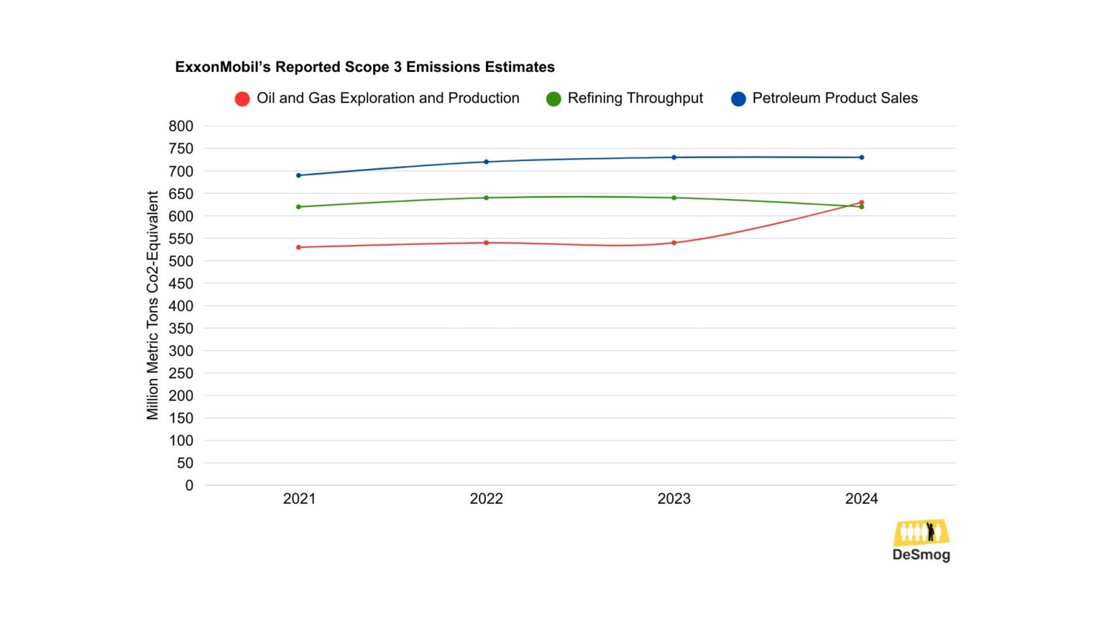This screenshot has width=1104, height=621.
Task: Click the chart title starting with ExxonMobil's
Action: pos(364,67)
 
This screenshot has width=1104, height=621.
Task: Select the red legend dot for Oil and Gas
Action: pos(242,98)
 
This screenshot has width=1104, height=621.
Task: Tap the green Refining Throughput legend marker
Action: pos(553,98)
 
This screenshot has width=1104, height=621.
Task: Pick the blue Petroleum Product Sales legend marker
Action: pos(738,98)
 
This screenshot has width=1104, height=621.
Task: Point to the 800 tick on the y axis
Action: pos(181,126)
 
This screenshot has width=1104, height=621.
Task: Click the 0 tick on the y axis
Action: pos(189,485)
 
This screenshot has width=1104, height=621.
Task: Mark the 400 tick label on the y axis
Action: pos(181,305)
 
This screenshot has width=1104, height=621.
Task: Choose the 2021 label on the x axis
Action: pos(299,499)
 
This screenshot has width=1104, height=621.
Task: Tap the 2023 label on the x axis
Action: pos(673,499)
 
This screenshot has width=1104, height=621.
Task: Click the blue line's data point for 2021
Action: pos(299,175)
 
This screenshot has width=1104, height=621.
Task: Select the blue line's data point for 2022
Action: pos(487,162)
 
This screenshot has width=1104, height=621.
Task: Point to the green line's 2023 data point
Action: pos(674,198)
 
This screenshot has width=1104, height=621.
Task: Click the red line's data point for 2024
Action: pos(862,203)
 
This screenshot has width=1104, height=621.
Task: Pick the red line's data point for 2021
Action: pos(299,247)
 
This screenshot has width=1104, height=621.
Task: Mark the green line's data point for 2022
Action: pos(487,198)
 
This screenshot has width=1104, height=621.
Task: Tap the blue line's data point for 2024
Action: pos(862,157)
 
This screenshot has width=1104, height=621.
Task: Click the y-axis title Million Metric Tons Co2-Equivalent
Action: pos(152,305)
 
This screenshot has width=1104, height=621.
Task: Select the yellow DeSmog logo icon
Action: pos(921,533)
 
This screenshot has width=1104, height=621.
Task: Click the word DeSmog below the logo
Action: pos(921,555)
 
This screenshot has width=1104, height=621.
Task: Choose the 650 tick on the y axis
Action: pos(181,193)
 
